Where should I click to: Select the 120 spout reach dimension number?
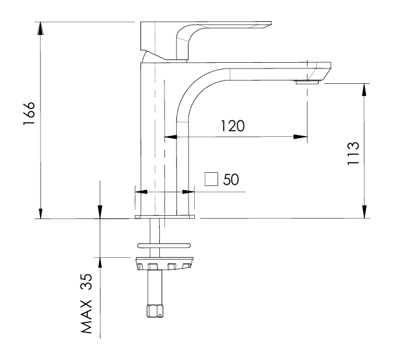tap(234, 126)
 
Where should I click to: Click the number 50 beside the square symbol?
tap(231, 179)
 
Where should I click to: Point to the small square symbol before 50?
tap(212, 179)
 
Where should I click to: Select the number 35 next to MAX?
tap(87, 281)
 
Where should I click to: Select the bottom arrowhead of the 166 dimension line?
tap(40, 212)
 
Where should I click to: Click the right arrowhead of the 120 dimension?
tap(300, 137)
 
